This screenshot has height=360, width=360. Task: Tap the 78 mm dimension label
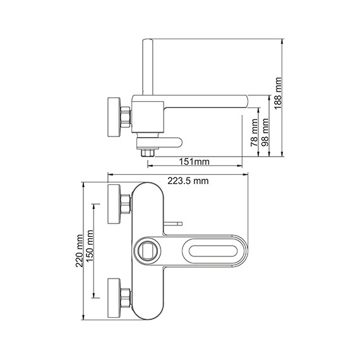(x=254, y=133)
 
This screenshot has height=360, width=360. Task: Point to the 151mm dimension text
(x=197, y=161)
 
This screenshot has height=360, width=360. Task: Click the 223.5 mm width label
(x=188, y=182)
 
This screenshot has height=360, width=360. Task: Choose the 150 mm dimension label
(x=90, y=251)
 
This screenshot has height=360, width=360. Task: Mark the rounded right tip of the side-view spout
(x=247, y=101)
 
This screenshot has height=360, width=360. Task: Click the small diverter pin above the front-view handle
(x=173, y=224)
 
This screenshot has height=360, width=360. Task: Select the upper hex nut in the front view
(x=126, y=204)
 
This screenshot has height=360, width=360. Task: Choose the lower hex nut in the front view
(x=126, y=295)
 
